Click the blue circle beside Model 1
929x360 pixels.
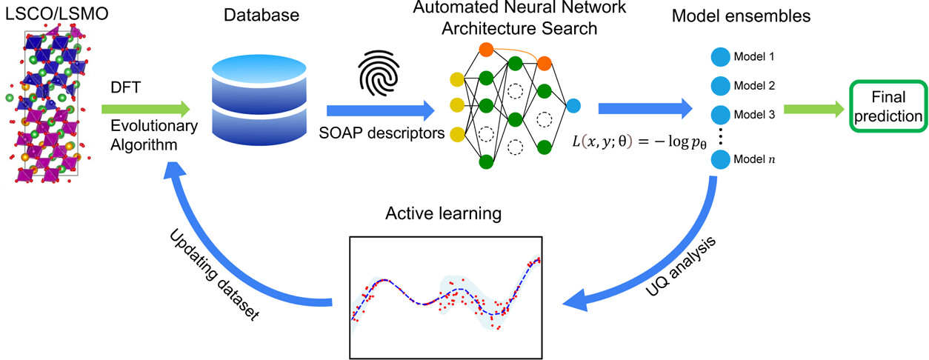pyautogui.click(x=719, y=57)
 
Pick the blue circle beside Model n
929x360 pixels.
pyautogui.click(x=719, y=159)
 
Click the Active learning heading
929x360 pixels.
pyautogui.click(x=444, y=215)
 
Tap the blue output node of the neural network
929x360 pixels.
pyautogui.click(x=575, y=105)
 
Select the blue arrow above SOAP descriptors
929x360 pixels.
pyautogui.click(x=379, y=110)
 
